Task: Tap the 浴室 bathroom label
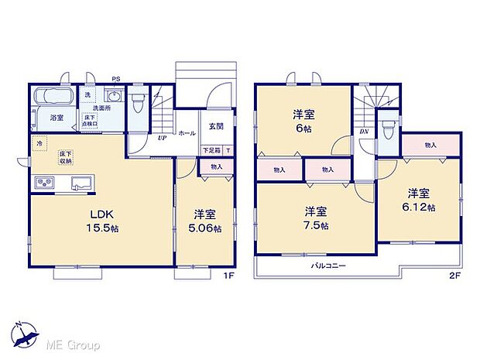point(57,118)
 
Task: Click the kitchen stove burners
point(44,183)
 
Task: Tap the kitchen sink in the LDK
point(81,183)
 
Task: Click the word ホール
point(187,133)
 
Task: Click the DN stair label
point(364,132)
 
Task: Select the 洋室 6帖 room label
point(303,121)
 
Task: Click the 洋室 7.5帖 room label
point(315,218)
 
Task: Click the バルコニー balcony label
point(328,265)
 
